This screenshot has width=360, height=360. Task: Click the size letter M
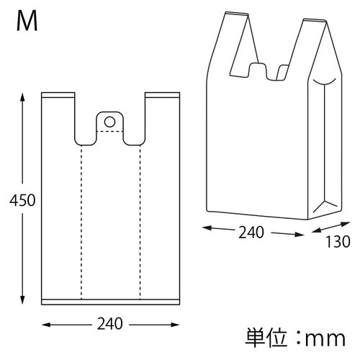pyautogui.click(x=27, y=22)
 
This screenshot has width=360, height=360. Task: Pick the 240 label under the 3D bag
pyautogui.click(x=252, y=233)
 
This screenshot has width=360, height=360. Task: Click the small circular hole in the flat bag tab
pyautogui.click(x=109, y=121)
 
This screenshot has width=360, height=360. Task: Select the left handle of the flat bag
pyautogui.click(x=59, y=115)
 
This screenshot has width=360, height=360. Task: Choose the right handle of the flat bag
pyautogui.click(x=161, y=115)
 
